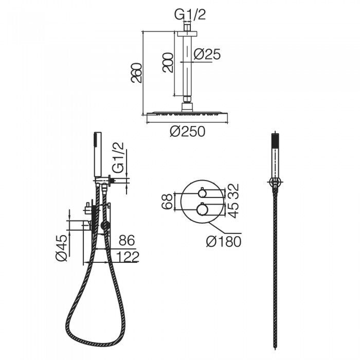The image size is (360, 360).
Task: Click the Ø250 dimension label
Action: pos(187,132)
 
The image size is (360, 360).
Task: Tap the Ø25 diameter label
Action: pos(207,55)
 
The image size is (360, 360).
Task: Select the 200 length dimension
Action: pos(168,63)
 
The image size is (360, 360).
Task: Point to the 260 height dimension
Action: pos(136,73)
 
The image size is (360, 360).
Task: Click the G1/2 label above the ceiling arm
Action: pos(190,15)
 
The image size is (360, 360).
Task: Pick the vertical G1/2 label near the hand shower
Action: pos(118,157)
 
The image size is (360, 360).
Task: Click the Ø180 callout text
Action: pos(224,242)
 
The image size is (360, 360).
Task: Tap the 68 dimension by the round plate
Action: pos(167,202)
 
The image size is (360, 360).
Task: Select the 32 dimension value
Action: pos(233,191)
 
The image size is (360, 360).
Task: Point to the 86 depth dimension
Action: pos(127,241)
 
